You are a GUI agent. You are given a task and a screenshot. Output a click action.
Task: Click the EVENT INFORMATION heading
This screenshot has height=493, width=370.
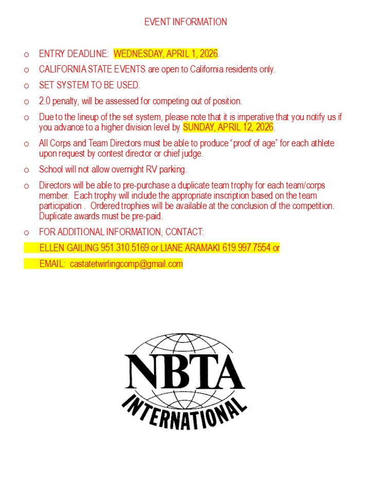click(186, 22)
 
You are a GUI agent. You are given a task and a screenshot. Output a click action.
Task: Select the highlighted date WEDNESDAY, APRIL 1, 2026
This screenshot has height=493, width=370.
click(165, 53)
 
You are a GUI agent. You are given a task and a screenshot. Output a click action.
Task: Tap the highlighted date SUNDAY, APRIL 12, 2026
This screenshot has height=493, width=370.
click(228, 127)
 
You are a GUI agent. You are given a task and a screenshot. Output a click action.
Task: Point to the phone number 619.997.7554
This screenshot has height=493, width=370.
click(246, 248)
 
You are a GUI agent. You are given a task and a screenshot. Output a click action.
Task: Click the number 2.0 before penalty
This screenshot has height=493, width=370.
click(45, 101)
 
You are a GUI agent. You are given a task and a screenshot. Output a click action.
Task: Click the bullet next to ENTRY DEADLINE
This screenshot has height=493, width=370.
click(26, 54)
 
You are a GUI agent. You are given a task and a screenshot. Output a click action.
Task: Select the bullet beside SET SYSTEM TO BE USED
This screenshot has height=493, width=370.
click(26, 86)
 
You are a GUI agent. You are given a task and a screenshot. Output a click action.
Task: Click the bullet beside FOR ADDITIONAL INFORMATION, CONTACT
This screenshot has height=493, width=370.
click(26, 233)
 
